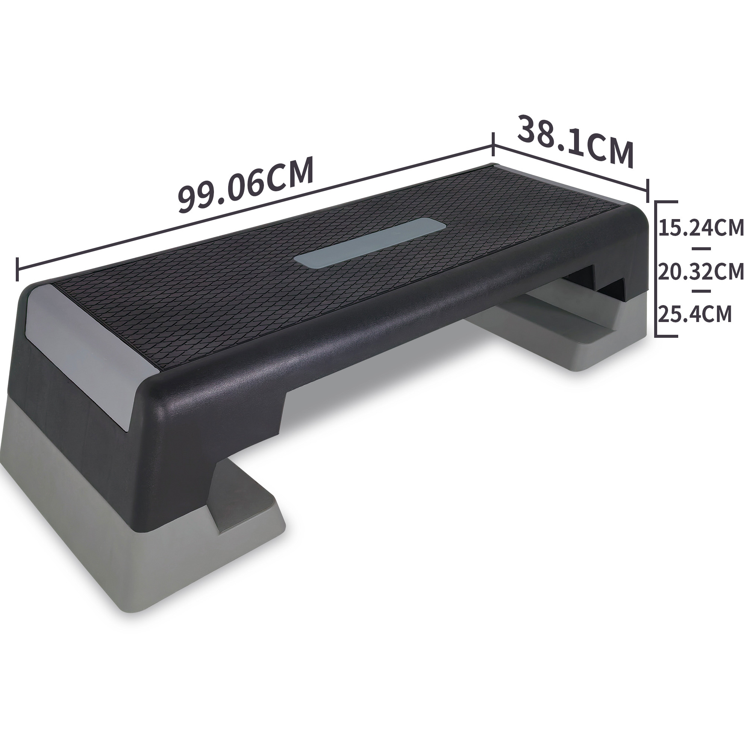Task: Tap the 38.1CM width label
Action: (x=575, y=141)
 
